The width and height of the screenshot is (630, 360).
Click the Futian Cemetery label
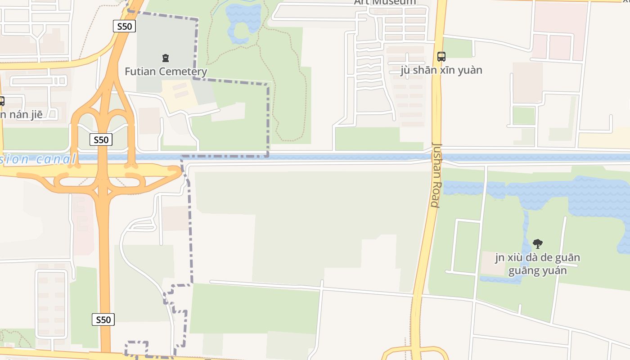(166, 71)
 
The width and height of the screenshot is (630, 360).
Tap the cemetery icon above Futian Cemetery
(166, 58)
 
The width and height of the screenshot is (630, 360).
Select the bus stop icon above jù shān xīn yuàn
(441, 57)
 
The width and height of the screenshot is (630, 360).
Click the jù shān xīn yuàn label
(441, 70)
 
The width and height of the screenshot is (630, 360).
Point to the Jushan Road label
(436, 175)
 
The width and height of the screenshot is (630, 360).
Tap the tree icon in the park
(537, 244)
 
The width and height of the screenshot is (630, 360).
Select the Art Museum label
(385, 2)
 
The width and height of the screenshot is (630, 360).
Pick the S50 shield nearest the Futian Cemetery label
(124, 26)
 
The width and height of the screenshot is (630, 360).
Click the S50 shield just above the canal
(101, 139)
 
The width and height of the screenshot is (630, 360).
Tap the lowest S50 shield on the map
(103, 319)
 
